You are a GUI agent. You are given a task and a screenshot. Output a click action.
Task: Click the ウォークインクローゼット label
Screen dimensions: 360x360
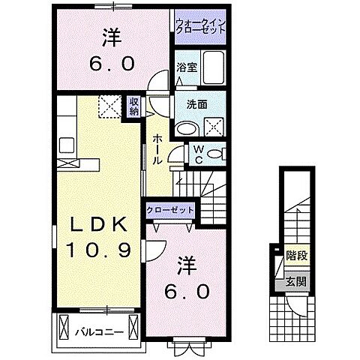point(201,28)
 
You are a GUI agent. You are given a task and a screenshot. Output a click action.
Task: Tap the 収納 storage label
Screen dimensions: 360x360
point(133,106)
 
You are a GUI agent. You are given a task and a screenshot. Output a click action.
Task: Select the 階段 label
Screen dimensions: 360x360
point(295,255)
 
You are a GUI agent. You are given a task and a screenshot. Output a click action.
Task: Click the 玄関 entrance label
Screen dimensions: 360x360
point(295,283)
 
